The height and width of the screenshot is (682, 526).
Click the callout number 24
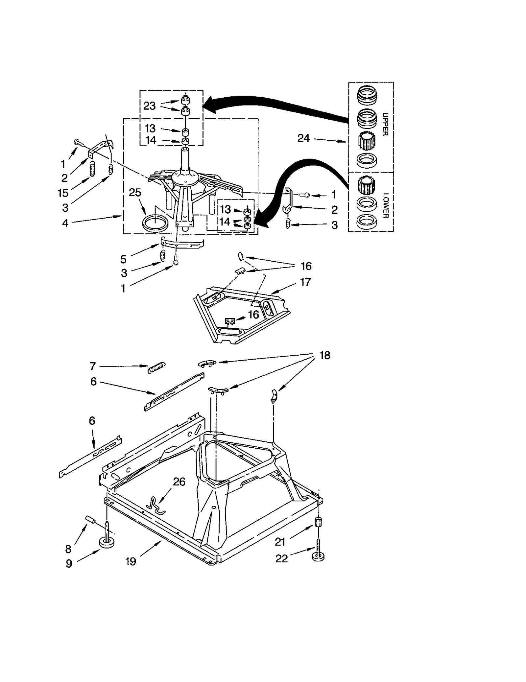303,138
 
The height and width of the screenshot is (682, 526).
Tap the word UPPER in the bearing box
386,124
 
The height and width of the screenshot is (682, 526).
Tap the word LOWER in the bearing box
386,205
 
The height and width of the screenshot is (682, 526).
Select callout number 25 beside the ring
135,193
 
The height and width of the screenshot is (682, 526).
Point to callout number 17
305,282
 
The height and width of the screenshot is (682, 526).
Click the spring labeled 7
157,367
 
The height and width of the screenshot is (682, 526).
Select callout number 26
179,482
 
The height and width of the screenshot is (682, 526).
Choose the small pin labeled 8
90,520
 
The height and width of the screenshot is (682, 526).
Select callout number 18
324,355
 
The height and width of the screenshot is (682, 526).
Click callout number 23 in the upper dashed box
149,106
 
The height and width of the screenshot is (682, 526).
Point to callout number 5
123,259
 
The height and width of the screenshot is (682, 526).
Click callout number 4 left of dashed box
65,223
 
